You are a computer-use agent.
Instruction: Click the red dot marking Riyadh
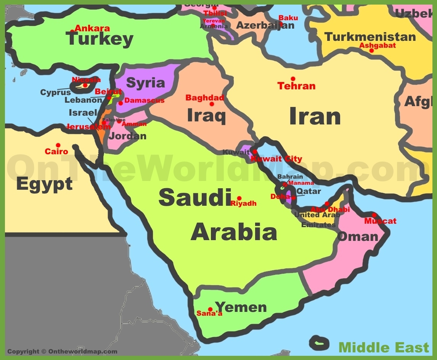239,198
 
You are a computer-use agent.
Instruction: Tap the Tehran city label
296,86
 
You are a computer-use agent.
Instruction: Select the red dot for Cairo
58,145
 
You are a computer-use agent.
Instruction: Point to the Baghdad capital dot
212,104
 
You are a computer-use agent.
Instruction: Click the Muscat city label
380,221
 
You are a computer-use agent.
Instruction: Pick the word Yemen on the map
241,307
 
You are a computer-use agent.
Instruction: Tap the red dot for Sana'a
210,309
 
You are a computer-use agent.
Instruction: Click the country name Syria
145,83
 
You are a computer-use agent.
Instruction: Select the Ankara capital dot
72,31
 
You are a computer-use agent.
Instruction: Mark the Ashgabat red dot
371,50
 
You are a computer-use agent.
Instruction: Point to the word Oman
358,236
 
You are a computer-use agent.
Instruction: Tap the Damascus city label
144,100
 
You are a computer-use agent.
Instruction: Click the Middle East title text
384,347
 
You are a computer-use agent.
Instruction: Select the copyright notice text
62,352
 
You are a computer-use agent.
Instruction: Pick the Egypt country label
44,184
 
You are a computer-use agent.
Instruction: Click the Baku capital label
288,18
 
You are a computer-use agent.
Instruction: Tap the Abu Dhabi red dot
327,203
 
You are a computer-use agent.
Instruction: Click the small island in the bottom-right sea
319,342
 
